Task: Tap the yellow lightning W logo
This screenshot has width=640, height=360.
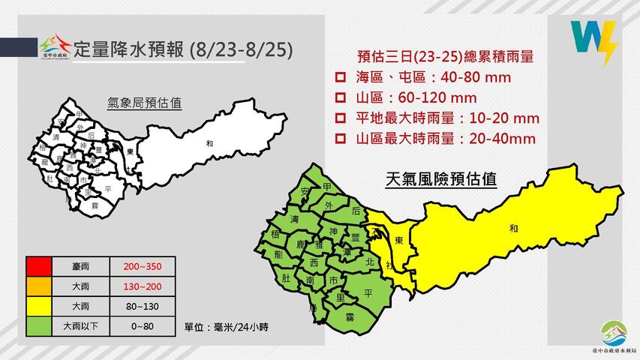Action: click(593, 43)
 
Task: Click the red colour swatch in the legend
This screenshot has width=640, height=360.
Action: click(37, 267)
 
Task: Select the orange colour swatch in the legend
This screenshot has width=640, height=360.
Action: click(37, 286)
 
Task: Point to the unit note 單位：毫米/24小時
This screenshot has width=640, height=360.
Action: click(224, 328)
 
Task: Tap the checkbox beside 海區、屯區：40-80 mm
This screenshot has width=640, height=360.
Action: click(340, 78)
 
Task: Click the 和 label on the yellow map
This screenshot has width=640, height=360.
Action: click(512, 228)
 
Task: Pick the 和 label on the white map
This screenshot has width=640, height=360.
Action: click(209, 142)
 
